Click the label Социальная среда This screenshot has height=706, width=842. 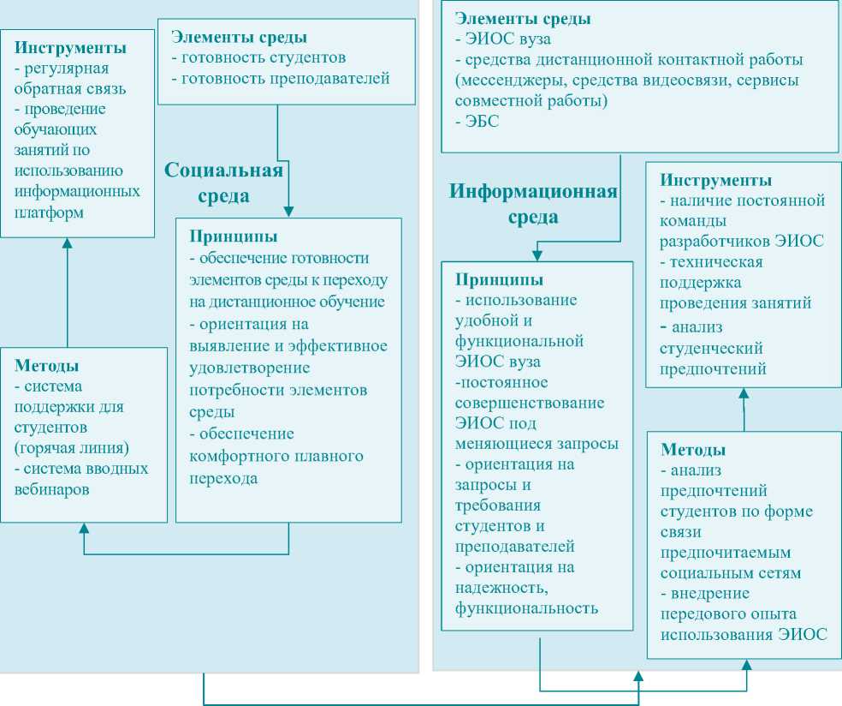point(223,182)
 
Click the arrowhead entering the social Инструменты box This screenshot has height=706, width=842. point(68,244)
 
